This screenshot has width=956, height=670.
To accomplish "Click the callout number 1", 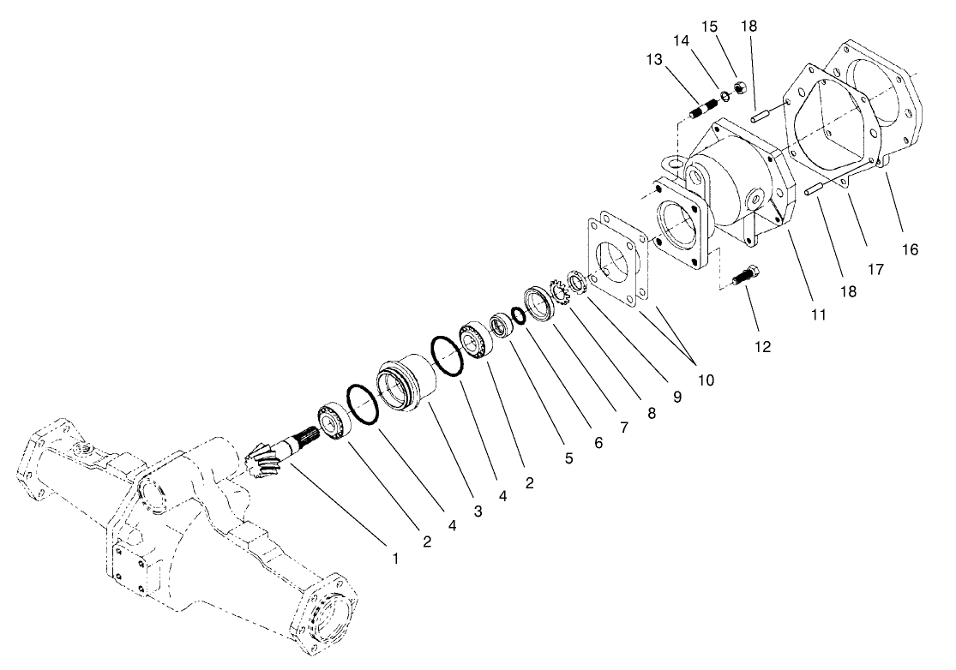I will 395,559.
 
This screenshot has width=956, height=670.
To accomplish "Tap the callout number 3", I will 478,511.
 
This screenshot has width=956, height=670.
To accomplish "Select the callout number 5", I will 568,458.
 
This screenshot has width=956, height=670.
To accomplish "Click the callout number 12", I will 762,347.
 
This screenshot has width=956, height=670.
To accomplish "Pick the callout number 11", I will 818,314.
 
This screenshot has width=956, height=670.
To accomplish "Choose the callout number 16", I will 910,249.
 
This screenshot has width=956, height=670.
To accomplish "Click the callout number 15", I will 710,27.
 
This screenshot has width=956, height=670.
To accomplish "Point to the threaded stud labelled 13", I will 702,111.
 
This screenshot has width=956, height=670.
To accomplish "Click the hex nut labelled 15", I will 743,88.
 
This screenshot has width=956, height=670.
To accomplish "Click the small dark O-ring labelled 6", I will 517,315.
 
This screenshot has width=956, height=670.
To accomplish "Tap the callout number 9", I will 676,397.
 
